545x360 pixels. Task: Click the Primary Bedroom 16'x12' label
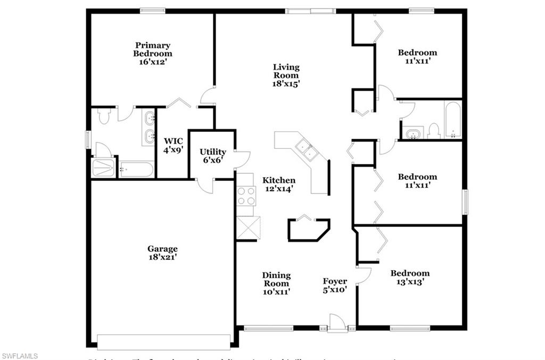(152, 54)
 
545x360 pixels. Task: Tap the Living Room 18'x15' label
(286, 75)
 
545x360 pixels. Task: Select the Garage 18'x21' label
(162, 253)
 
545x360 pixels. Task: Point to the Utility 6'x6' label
(213, 156)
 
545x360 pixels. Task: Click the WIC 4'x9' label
(173, 145)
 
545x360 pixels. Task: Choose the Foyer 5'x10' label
(335, 286)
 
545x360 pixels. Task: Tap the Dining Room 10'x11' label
(276, 283)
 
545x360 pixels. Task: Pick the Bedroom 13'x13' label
(410, 277)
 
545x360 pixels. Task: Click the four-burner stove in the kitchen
(246, 196)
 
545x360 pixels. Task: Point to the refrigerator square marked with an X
(248, 229)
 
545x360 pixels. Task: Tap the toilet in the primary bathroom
(104, 116)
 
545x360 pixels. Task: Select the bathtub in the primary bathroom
(136, 170)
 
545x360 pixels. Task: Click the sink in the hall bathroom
(413, 133)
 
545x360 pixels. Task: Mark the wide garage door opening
(163, 341)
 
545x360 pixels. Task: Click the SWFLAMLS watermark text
(20, 355)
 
